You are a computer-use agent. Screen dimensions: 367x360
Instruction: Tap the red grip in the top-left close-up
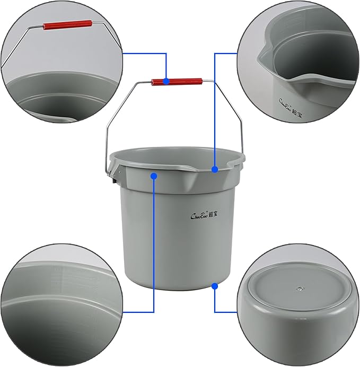click(x=67, y=25)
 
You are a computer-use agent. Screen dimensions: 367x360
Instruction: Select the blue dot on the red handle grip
click(x=166, y=82)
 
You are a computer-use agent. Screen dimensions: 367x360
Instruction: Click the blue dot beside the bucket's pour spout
click(x=215, y=169)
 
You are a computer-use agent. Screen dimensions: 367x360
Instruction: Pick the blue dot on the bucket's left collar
click(x=154, y=176)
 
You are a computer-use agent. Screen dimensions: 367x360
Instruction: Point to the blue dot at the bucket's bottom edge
click(x=215, y=286)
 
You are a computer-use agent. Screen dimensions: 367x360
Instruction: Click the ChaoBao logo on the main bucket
click(x=200, y=216)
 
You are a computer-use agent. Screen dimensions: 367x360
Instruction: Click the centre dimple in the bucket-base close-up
click(x=300, y=289)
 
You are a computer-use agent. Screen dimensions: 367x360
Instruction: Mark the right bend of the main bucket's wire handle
click(x=215, y=82)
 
